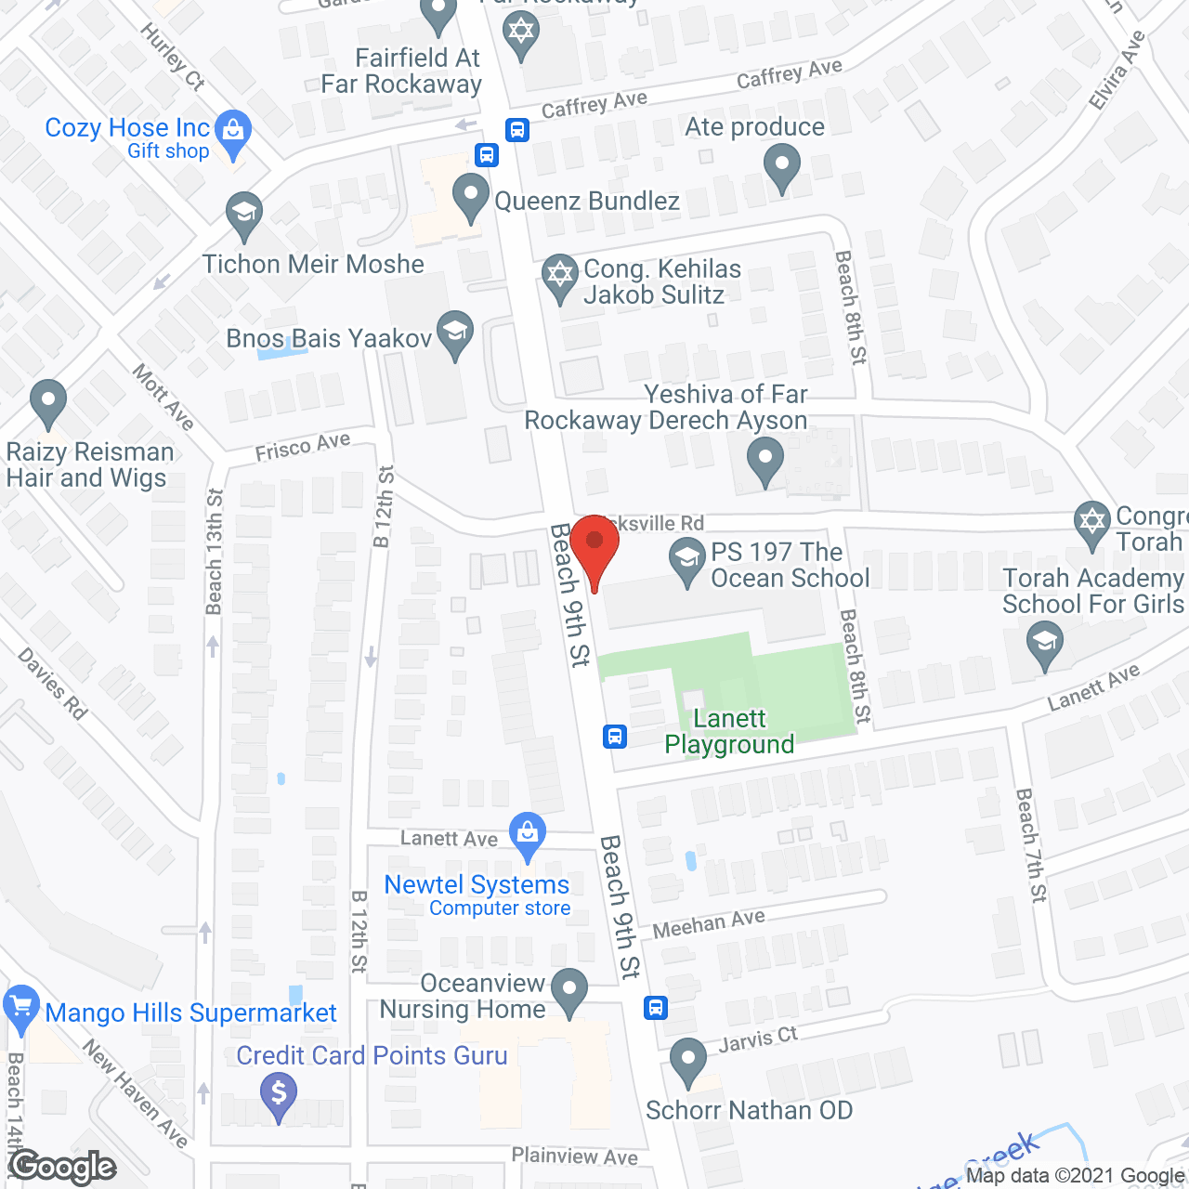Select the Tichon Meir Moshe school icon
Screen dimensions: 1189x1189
(244, 215)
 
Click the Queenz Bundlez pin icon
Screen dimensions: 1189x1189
(471, 197)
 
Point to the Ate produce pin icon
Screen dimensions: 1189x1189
(781, 168)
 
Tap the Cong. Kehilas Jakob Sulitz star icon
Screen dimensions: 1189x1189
(559, 276)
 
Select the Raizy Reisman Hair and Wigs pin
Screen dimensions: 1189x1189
(48, 402)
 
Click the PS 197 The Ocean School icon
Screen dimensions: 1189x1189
(687, 559)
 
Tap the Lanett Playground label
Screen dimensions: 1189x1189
(729, 731)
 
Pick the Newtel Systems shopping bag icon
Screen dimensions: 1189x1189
(528, 833)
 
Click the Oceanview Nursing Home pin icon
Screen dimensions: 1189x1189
(569, 989)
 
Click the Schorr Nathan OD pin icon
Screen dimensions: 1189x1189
(688, 1060)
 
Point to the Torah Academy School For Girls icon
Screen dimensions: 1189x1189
(1045, 644)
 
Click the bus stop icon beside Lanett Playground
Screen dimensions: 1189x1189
(614, 737)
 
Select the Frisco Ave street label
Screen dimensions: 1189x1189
(303, 446)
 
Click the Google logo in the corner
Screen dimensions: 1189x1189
(63, 1167)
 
